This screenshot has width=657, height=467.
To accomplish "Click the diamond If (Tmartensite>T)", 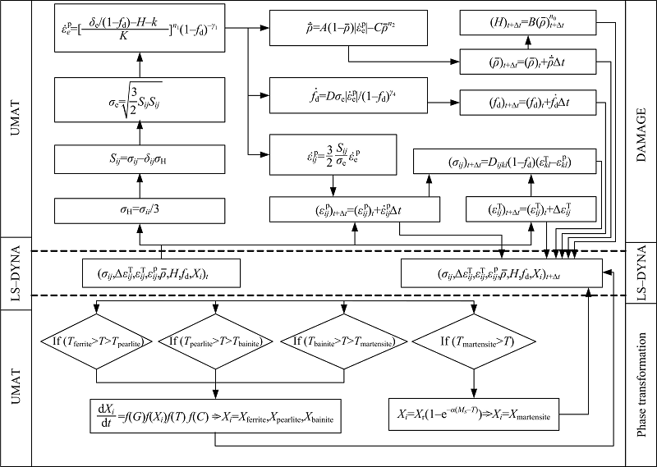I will (x=473, y=339).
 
